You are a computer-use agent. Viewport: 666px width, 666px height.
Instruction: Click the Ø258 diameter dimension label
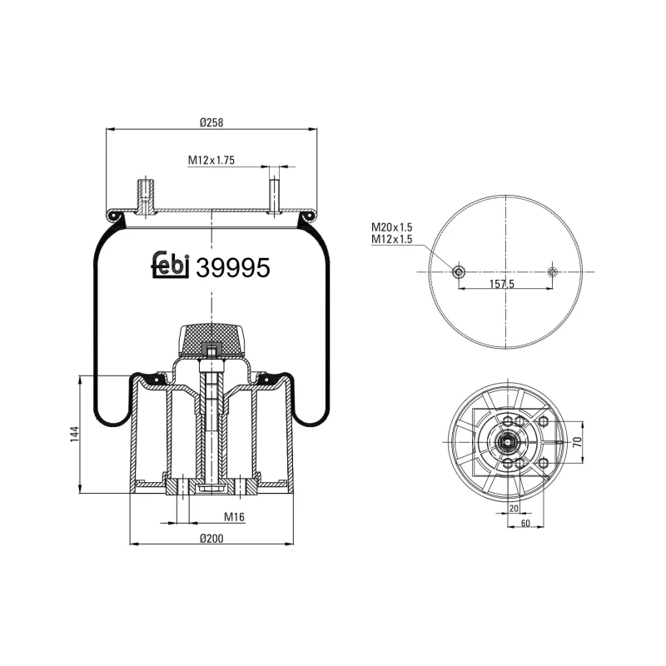[x=211, y=122]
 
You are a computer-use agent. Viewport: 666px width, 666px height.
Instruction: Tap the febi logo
[x=171, y=265]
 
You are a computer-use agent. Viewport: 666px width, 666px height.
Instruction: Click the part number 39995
[x=232, y=267]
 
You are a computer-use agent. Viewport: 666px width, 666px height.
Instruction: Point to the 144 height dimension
[x=74, y=434]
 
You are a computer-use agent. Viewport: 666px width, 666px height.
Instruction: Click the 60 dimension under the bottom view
[x=525, y=523]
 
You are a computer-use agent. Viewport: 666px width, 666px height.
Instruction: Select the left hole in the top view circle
[x=458, y=272]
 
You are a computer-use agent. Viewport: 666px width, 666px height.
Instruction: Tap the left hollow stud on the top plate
[x=146, y=196]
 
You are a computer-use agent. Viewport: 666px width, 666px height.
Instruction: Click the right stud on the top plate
[x=274, y=193]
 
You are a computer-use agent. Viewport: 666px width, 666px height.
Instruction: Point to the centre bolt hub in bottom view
[x=507, y=442]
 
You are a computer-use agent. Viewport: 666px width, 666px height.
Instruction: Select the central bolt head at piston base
[x=211, y=485]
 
